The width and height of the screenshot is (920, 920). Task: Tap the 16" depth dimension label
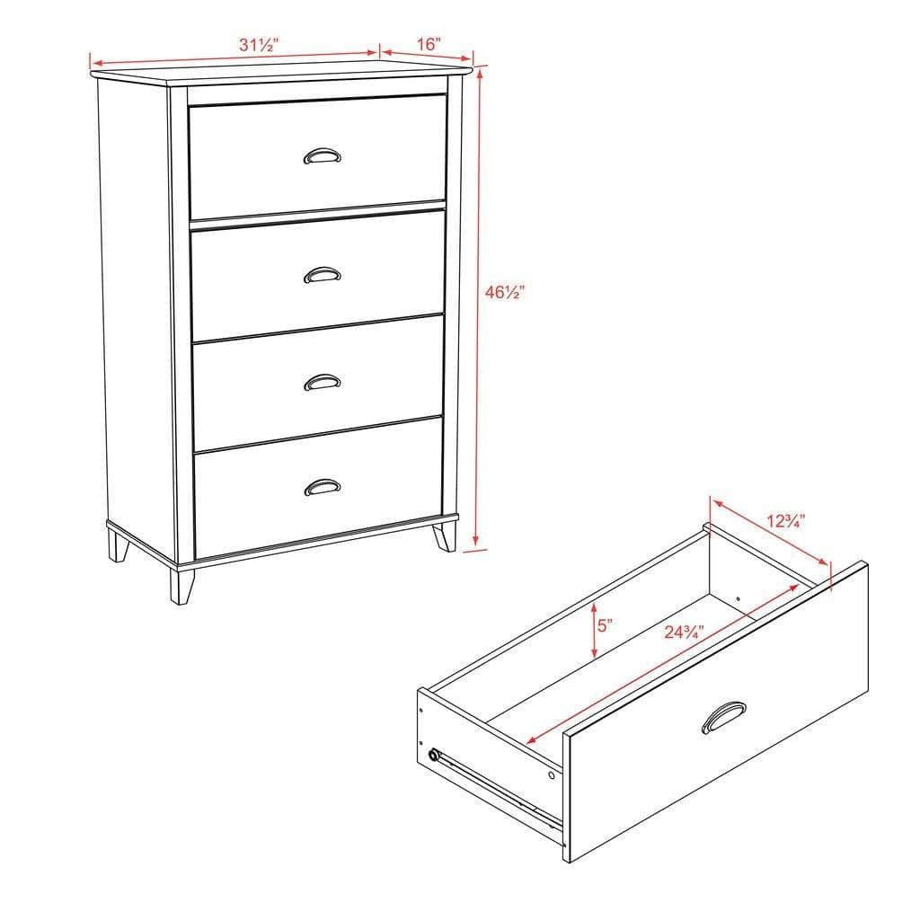tap(429, 43)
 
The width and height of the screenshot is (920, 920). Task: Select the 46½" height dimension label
tap(505, 292)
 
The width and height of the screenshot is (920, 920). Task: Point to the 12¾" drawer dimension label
tap(786, 520)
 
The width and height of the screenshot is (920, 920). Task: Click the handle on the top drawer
tap(322, 156)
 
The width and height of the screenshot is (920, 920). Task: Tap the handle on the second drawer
tap(322, 275)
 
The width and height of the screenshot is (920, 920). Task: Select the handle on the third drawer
tap(322, 383)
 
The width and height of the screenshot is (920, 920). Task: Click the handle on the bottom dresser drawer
tap(322, 488)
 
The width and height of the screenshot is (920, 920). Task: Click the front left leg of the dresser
tap(182, 585)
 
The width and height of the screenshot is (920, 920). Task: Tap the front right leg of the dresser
tap(445, 536)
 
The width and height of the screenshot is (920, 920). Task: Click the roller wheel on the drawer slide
tap(436, 755)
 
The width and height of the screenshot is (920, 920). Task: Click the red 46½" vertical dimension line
tap(480, 305)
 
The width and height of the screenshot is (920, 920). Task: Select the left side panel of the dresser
tap(135, 305)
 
